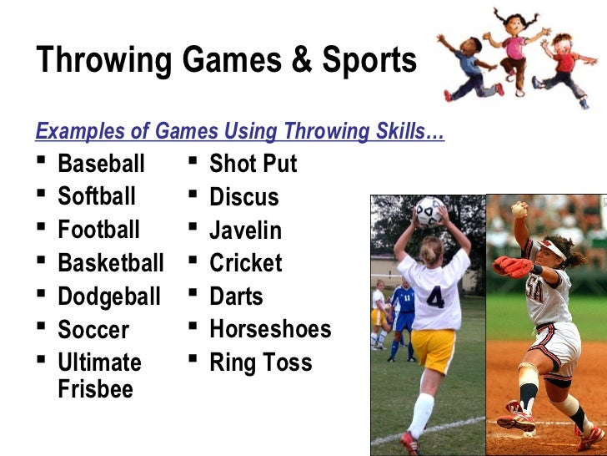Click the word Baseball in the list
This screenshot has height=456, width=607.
[x=101, y=164]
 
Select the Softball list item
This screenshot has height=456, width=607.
[x=96, y=197]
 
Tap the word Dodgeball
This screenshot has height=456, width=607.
[x=108, y=296]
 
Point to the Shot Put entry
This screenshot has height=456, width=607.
[x=253, y=164]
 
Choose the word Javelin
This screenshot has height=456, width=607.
[x=245, y=231]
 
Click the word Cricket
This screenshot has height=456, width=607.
[x=245, y=263]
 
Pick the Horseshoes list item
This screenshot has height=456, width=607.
[x=270, y=329]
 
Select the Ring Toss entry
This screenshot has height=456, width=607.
[x=260, y=362]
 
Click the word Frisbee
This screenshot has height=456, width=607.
[x=95, y=389]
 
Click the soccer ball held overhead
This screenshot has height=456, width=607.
[x=430, y=212]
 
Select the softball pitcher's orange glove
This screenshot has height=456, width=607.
[x=512, y=266]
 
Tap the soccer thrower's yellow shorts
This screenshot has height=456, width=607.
[x=434, y=349]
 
